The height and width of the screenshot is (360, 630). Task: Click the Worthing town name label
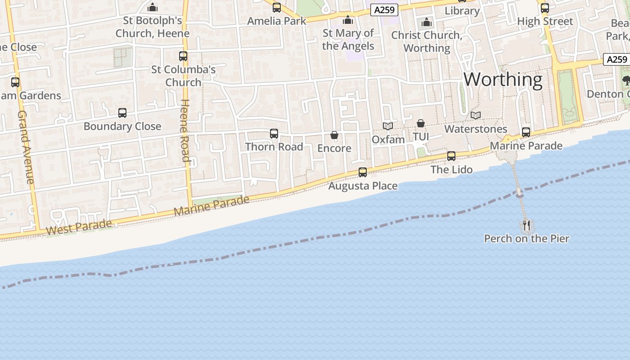click(x=503, y=80)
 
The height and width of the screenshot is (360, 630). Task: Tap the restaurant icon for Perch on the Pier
click(x=526, y=225)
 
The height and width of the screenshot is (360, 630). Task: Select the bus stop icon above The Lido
click(x=451, y=156)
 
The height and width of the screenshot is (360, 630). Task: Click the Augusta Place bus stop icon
click(x=363, y=172)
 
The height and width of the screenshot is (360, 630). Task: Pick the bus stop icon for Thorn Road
click(x=274, y=133)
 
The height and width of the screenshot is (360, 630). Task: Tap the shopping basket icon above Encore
click(x=334, y=135)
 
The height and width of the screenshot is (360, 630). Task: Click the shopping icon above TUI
click(x=420, y=123)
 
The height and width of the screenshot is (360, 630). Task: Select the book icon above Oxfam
click(x=388, y=126)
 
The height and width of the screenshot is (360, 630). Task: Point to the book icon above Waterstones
click(x=476, y=116)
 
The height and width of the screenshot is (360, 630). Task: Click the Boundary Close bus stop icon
click(x=122, y=113)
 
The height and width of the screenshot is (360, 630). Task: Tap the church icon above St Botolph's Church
click(x=153, y=8)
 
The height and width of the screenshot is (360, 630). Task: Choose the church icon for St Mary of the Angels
click(x=348, y=20)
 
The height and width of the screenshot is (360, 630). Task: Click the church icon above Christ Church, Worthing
click(x=426, y=22)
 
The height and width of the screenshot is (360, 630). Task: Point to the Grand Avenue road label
click(x=26, y=147)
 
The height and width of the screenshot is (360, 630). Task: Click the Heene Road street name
click(x=185, y=130)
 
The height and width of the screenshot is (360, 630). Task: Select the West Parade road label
click(x=79, y=227)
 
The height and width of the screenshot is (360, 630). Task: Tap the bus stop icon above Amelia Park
click(x=276, y=8)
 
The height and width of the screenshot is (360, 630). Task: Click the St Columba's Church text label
click(x=183, y=76)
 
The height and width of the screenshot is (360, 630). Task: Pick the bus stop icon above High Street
click(x=544, y=8)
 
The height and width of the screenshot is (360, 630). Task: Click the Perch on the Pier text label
click(x=526, y=238)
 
